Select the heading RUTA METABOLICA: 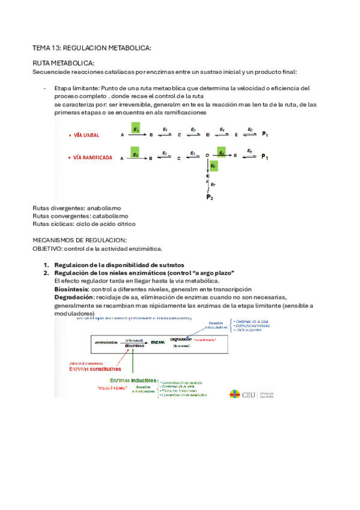tap(63, 63)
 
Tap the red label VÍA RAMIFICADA tap(93, 158)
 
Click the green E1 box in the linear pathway tap(136, 129)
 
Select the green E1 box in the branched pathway tap(136, 154)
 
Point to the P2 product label tap(209, 197)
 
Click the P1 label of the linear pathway tap(265, 135)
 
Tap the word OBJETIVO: tap(48, 248)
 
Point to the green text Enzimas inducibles tap(133, 381)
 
